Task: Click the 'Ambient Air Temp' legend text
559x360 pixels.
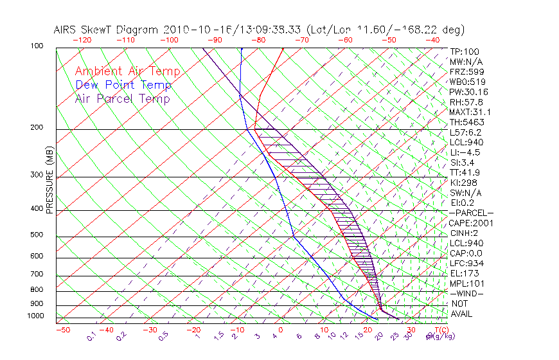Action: click(127, 71)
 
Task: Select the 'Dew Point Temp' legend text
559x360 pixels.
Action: click(123, 85)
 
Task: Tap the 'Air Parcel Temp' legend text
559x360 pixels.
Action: click(122, 98)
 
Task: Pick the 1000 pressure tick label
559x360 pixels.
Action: click(36, 316)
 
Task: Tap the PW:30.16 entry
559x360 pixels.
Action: click(468, 92)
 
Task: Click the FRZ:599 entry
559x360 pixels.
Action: click(466, 72)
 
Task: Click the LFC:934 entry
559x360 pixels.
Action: click(466, 264)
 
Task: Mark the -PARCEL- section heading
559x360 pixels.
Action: click(471, 213)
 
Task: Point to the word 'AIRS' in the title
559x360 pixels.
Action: click(67, 30)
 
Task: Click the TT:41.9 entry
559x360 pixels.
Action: click(465, 172)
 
